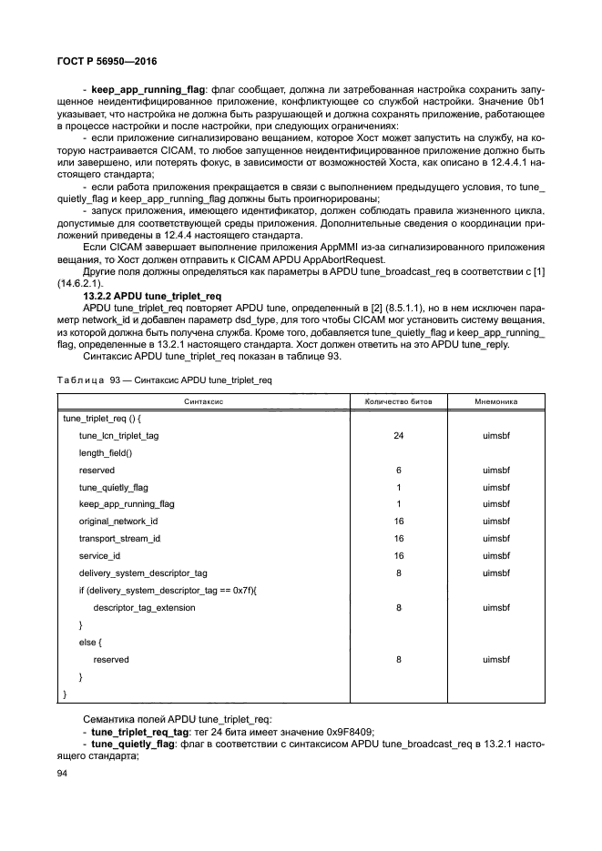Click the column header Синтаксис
tap(203, 400)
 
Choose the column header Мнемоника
tap(495, 400)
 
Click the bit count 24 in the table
tap(398, 436)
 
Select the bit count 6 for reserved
tap(398, 471)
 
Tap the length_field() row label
tap(105, 453)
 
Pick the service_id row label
tap(99, 555)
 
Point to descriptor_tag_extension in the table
tap(144, 607)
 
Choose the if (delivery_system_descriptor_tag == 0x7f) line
tap(168, 590)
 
